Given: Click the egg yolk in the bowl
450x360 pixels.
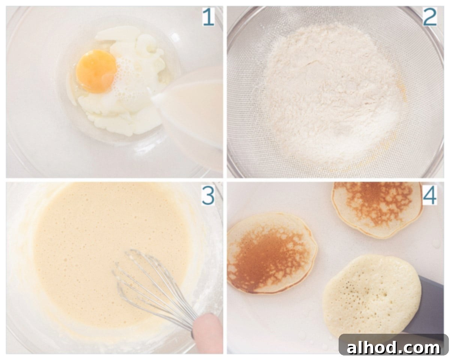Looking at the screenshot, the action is (96, 71).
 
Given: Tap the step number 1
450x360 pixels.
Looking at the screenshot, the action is (208, 17).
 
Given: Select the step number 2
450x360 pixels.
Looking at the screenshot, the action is (430, 17).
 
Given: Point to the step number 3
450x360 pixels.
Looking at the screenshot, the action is (208, 196).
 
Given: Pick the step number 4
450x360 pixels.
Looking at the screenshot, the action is (429, 196).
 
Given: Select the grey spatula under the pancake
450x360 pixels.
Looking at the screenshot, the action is (424, 307).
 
